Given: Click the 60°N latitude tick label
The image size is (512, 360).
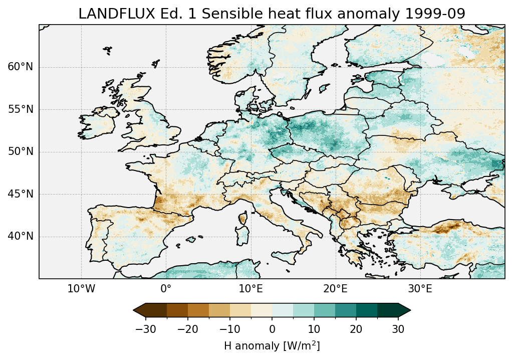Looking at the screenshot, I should click(20, 67).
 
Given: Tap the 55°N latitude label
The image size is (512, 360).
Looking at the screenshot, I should click(20, 110).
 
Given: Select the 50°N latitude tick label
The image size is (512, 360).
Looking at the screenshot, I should click(20, 152).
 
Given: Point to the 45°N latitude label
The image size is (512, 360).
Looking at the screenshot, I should click(20, 194).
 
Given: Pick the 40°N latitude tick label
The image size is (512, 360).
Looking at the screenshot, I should click(20, 236).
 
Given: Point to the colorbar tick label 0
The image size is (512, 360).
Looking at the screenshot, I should click(272, 329).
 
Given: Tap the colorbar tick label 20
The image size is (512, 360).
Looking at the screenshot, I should click(356, 329).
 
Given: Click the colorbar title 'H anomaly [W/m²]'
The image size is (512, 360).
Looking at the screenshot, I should click(272, 346).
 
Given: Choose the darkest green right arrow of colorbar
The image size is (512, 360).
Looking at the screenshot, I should click(404, 310).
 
